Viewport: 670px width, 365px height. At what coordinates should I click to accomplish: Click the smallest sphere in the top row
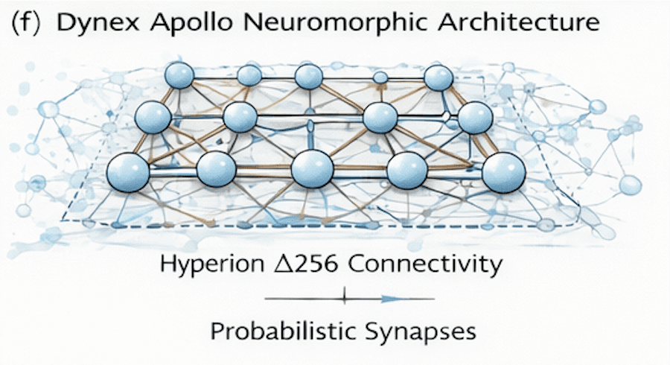(380, 77)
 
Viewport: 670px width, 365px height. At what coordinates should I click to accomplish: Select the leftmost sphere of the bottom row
(128, 172)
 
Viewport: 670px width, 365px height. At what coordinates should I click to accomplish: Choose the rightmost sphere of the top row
(439, 77)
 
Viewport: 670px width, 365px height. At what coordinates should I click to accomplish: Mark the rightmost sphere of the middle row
(476, 117)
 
